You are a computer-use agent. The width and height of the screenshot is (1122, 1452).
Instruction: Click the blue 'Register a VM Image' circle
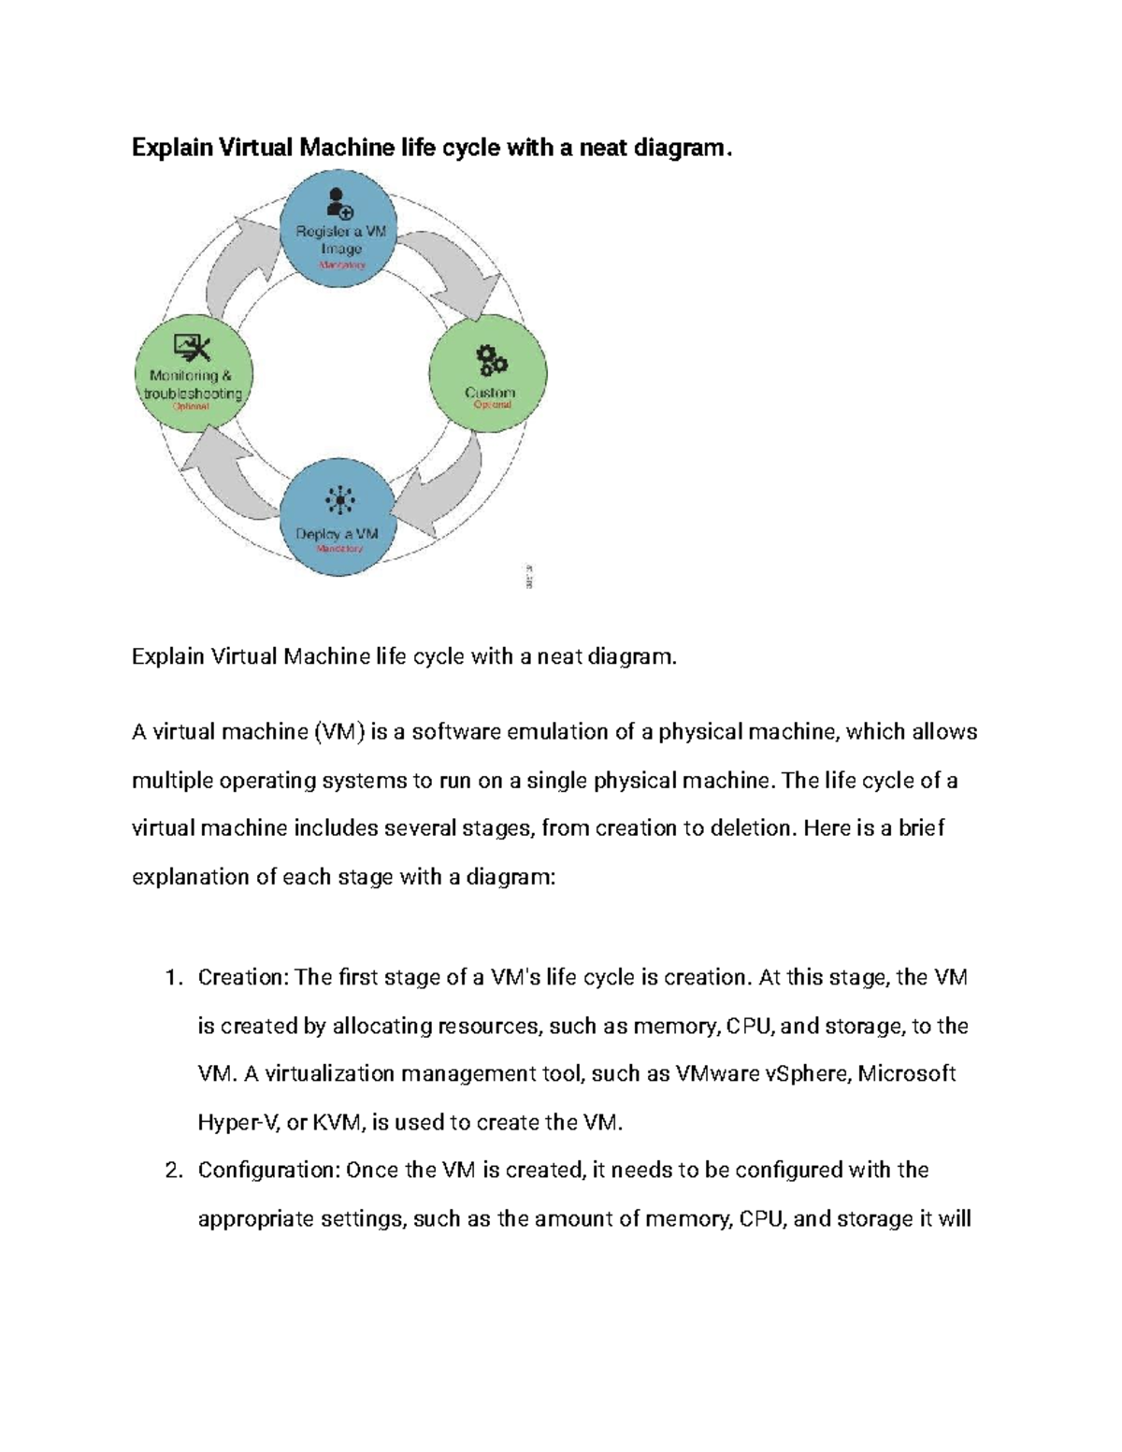coord(339,228)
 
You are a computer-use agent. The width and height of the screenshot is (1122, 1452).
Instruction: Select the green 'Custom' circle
coord(487,373)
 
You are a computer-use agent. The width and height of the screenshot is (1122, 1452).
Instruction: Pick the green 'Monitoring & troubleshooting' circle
coord(194,373)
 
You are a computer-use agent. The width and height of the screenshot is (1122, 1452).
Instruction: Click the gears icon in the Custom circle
coord(491,360)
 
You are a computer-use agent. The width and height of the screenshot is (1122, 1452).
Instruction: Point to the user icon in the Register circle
coord(338,203)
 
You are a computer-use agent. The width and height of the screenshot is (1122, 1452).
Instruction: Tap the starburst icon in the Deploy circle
coord(339,500)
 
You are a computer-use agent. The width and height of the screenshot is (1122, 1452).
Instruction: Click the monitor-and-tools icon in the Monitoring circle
coord(194,349)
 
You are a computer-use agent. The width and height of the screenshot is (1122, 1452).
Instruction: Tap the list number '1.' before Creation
coord(172,978)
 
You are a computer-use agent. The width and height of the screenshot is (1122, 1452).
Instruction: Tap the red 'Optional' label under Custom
coord(493,405)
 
